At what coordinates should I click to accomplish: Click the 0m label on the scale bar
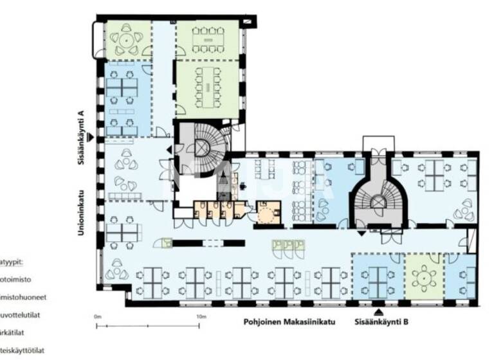click(x=97, y=316)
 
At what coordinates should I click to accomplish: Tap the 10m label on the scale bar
click(x=201, y=316)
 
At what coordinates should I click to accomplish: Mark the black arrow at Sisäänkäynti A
click(x=91, y=137)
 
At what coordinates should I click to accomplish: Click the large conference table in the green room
click(x=207, y=85)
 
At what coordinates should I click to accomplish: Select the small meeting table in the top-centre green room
click(x=207, y=40)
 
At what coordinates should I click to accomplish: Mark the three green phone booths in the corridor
click(x=289, y=245)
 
